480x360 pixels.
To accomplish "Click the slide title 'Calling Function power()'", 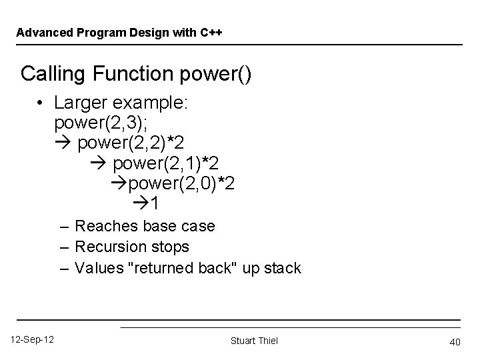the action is (x=136, y=73).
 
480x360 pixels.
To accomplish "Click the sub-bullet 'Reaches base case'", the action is (x=145, y=226).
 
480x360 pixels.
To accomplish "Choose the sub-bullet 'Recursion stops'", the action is (x=132, y=247).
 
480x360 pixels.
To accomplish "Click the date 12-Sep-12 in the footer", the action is (x=33, y=340).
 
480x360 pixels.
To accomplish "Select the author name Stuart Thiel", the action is (x=254, y=341).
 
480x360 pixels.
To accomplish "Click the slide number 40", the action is (x=456, y=341).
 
